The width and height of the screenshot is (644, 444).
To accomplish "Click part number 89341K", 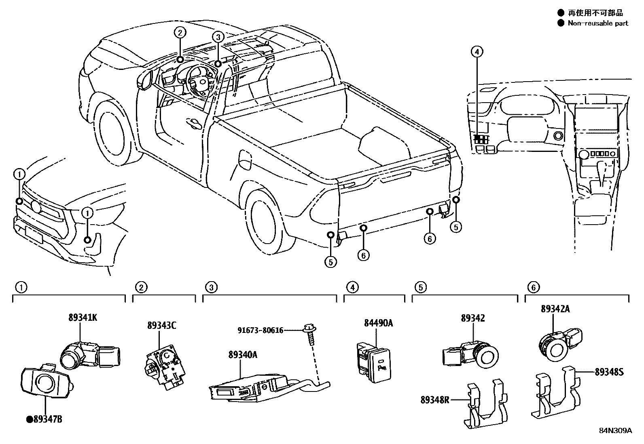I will coord(82,318).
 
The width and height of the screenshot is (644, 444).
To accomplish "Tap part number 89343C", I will coord(161,326).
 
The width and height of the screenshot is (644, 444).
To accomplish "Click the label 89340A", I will coord(243,355).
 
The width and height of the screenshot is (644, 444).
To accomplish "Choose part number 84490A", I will coord(378,323).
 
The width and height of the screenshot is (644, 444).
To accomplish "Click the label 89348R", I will coord(435,400).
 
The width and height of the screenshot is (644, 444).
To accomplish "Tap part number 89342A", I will coord(555,309).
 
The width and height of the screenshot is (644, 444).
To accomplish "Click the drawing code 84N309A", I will coord(615,431).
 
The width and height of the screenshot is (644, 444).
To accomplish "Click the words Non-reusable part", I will coord(598,23).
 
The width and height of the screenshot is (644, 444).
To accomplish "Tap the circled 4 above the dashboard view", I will coord(477,52).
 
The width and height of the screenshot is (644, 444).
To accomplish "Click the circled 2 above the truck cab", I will coord(180,32).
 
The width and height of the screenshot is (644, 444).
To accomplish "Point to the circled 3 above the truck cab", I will coord(218,38).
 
